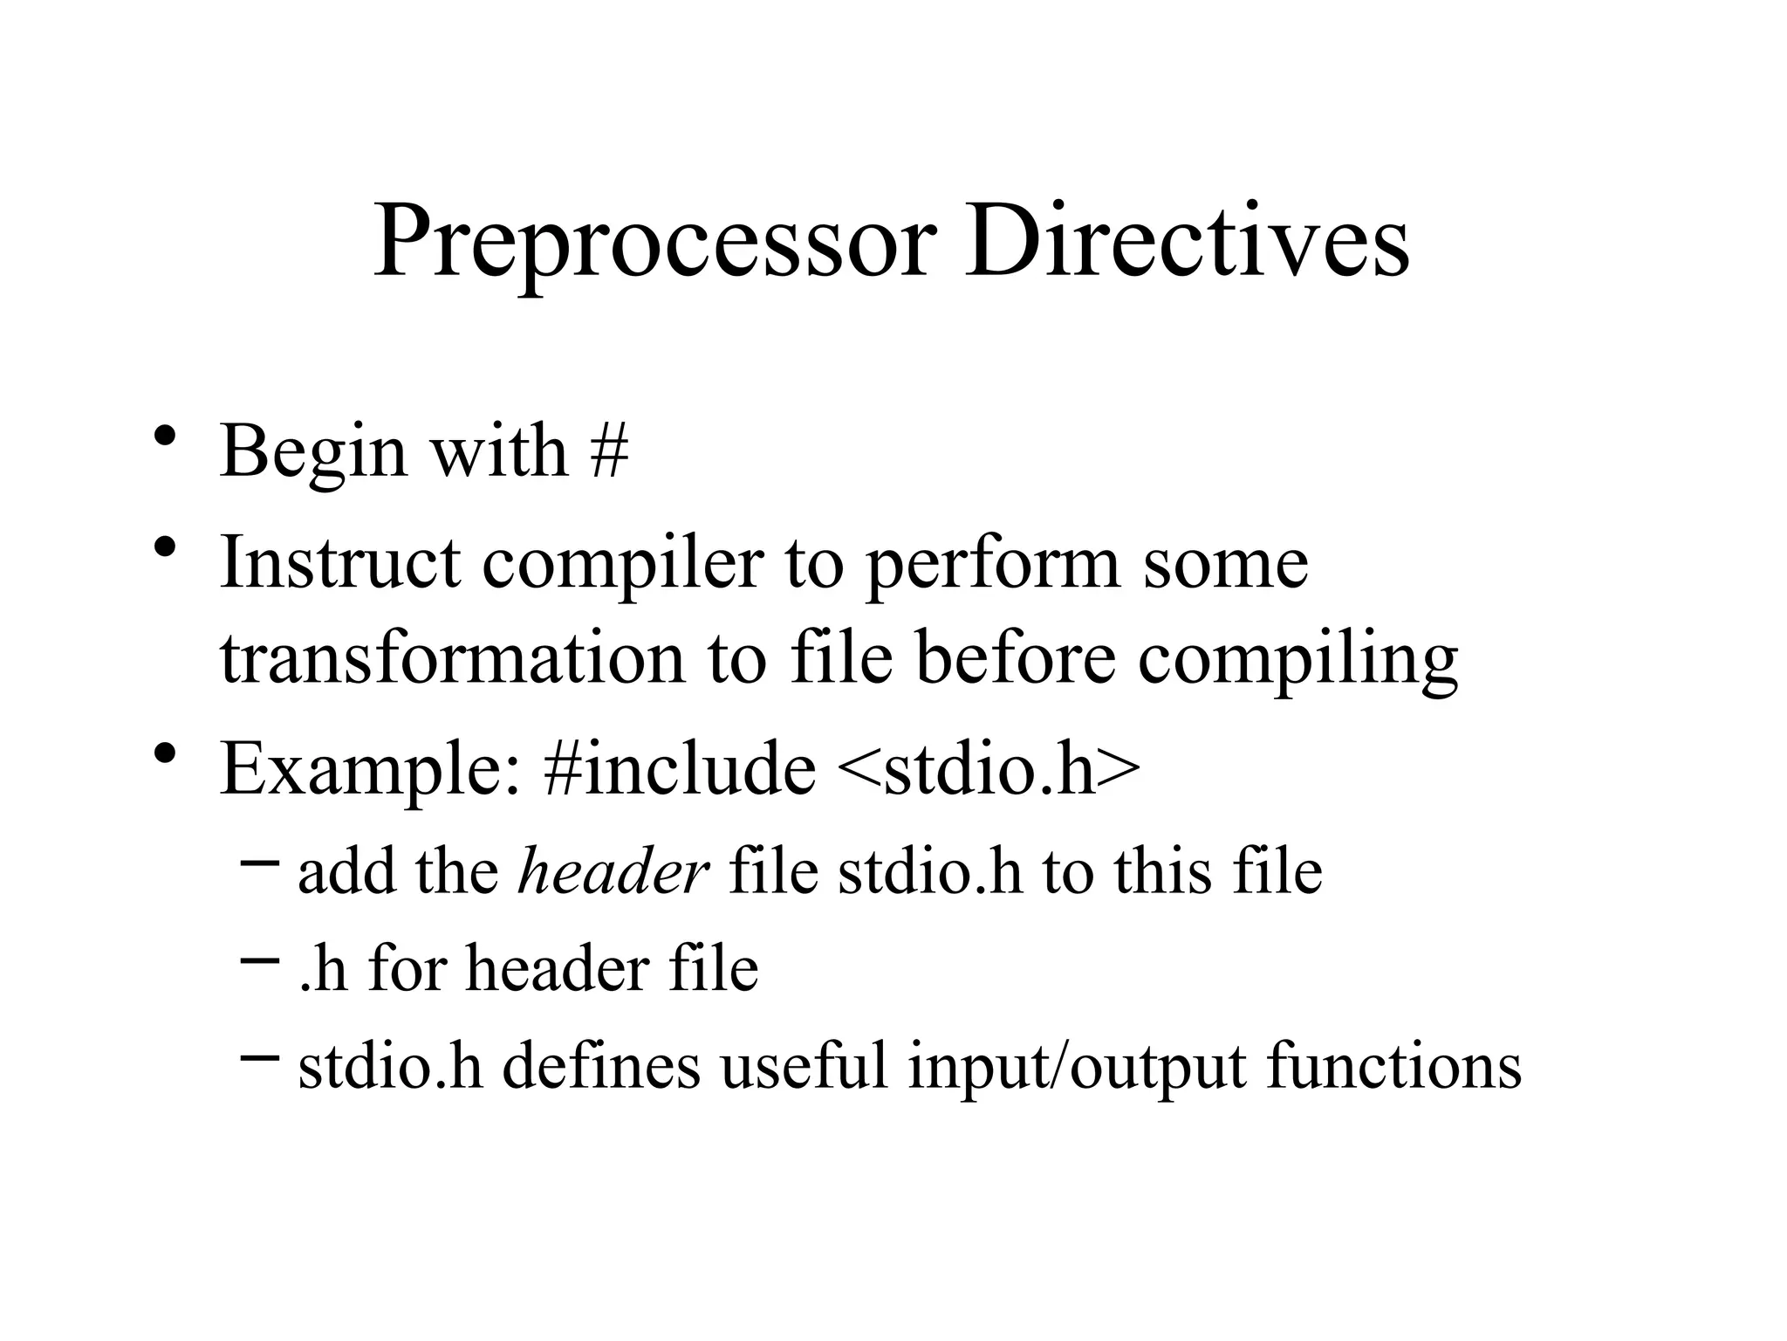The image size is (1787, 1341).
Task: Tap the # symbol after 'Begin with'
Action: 609,452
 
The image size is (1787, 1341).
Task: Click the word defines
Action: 602,1066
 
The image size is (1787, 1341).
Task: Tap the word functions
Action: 1393,1066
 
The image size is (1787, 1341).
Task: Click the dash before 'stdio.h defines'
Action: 259,1056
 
